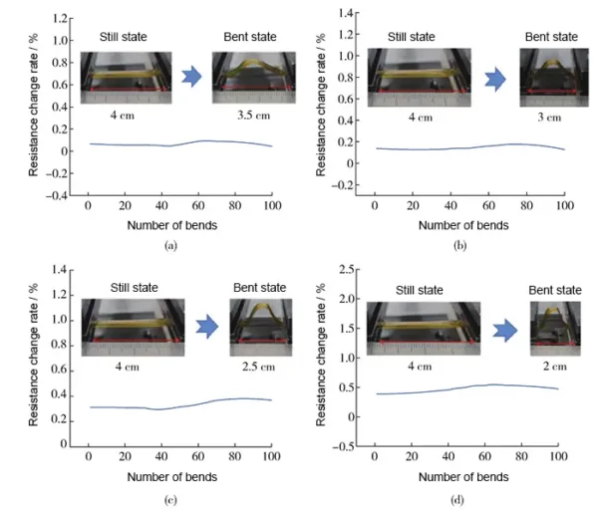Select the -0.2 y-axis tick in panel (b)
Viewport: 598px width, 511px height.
pos(346,185)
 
